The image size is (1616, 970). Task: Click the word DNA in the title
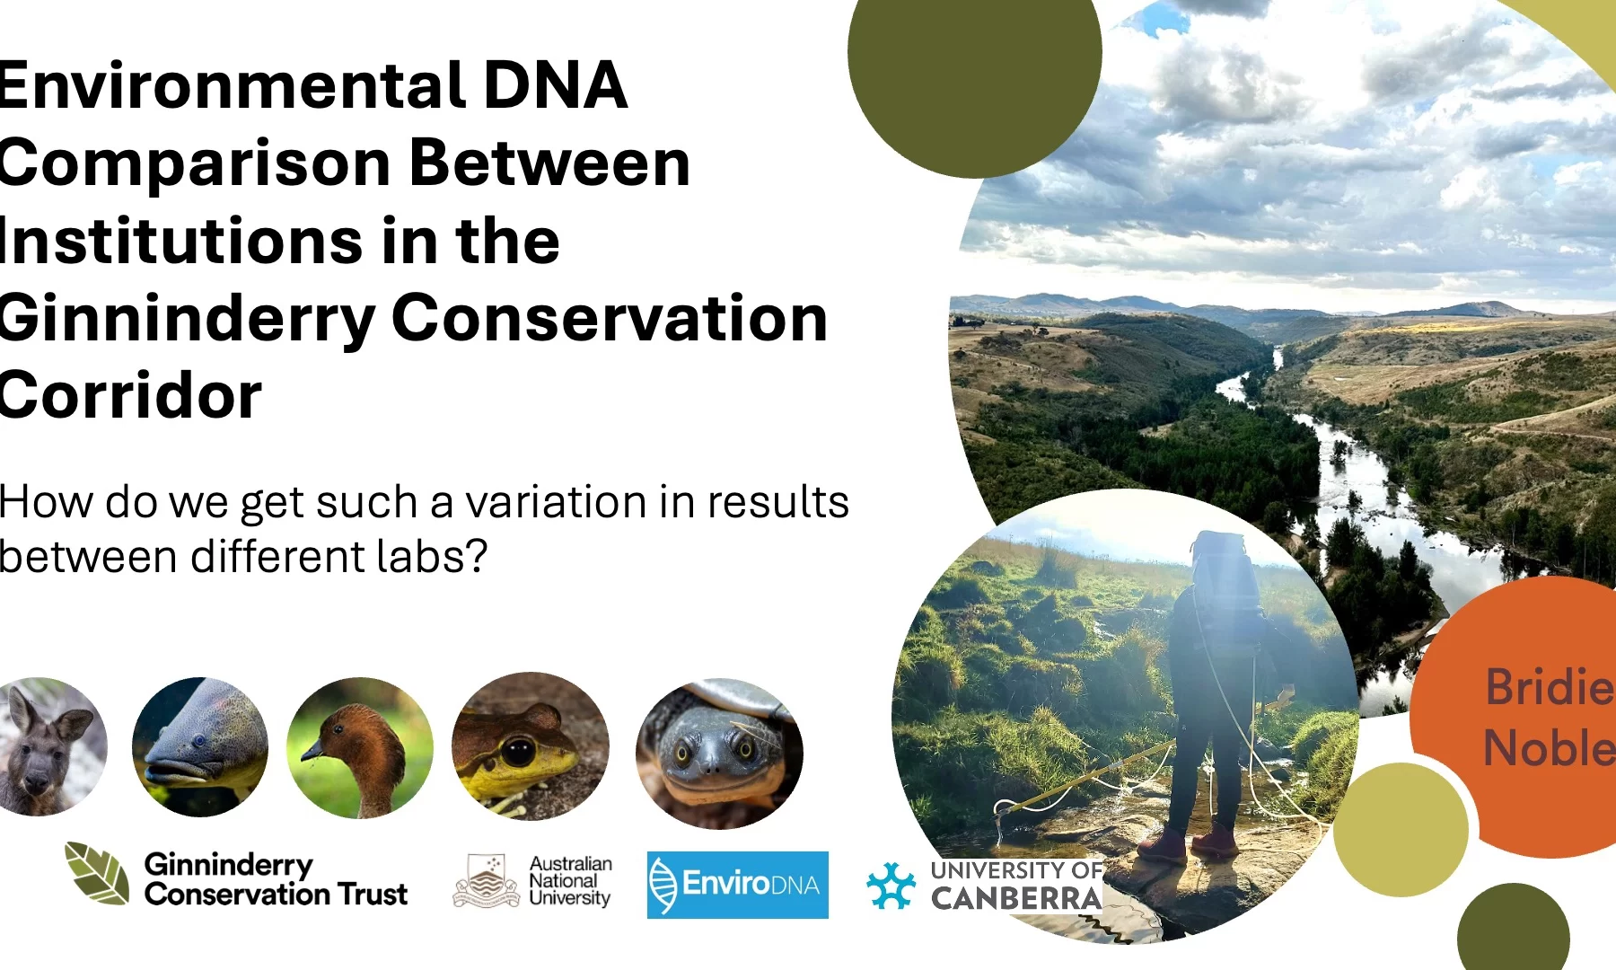pyautogui.click(x=555, y=85)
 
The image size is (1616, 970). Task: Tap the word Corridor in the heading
pyautogui.click(x=130, y=395)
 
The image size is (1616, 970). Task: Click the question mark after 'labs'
pyautogui.click(x=476, y=556)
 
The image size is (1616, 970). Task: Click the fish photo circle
pyautogui.click(x=200, y=747)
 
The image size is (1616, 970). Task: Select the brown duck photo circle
pyautogui.click(x=359, y=748)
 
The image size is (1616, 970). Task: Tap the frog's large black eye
pyautogui.click(x=517, y=750)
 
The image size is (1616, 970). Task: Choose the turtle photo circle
pyautogui.click(x=719, y=753)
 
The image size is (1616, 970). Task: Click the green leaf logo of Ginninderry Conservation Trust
pyautogui.click(x=97, y=873)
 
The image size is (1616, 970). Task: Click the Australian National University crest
pyautogui.click(x=487, y=881)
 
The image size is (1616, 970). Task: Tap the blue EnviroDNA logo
pyautogui.click(x=738, y=885)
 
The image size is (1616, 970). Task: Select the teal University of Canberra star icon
pyautogui.click(x=891, y=886)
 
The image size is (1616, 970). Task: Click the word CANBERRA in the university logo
pyautogui.click(x=1016, y=898)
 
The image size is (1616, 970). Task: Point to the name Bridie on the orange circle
pyautogui.click(x=1550, y=687)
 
